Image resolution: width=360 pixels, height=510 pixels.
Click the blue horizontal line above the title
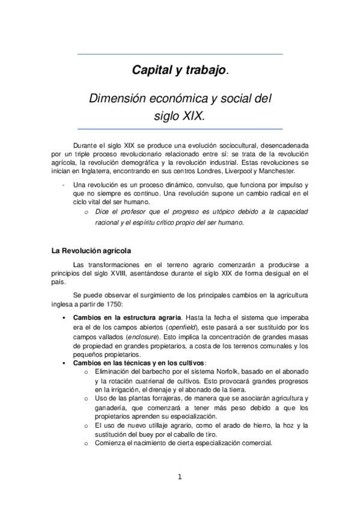(x=180, y=55)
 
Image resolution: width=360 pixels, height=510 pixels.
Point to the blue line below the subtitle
(x=180, y=129)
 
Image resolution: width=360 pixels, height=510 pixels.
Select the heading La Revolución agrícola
(x=91, y=250)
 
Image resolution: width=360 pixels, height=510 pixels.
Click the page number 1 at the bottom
(x=180, y=478)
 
